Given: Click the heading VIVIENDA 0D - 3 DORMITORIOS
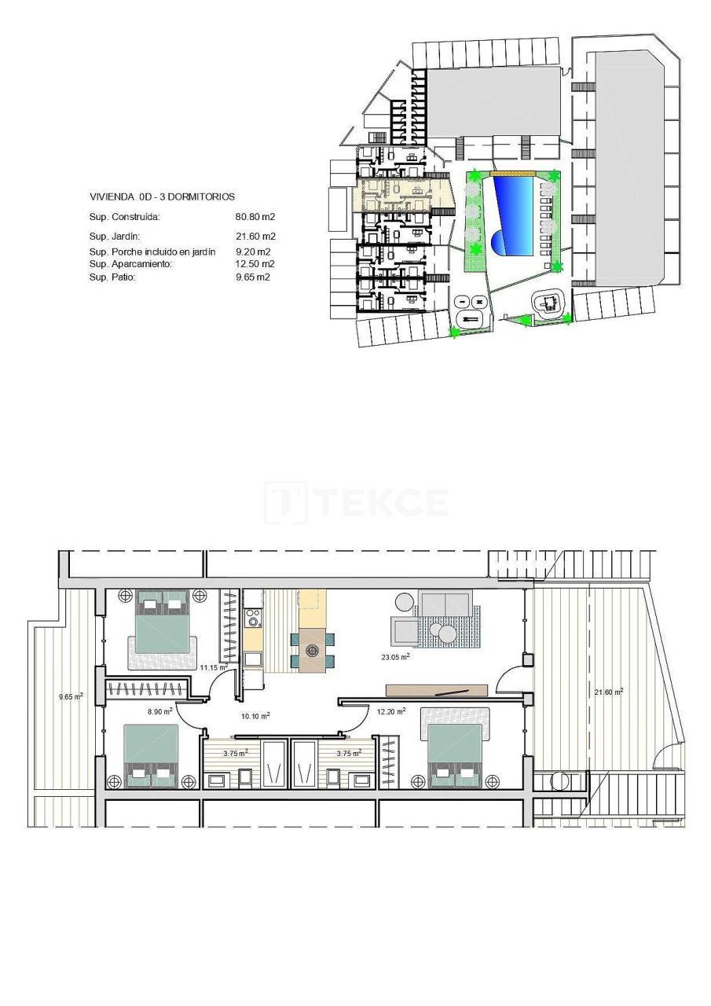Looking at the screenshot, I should [x=151, y=197].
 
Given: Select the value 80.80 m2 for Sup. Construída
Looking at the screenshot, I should [x=255, y=217].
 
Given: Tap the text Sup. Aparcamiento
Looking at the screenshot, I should [x=130, y=264].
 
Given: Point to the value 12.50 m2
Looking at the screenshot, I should [x=255, y=264].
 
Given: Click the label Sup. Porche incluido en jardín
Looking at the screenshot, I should [x=152, y=251].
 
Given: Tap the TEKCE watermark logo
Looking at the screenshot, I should [x=356, y=502].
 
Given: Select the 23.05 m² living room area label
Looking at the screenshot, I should [x=394, y=658].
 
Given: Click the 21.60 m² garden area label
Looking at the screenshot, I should [x=608, y=692].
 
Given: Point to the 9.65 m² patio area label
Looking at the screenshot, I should [x=71, y=696].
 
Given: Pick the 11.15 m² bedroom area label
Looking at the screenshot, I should [x=213, y=667].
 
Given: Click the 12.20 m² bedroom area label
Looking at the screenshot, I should [x=390, y=711].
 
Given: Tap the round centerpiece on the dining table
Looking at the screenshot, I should [x=313, y=650].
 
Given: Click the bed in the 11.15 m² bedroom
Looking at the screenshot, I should [x=163, y=625].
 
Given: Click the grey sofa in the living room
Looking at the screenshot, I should [x=445, y=604].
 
